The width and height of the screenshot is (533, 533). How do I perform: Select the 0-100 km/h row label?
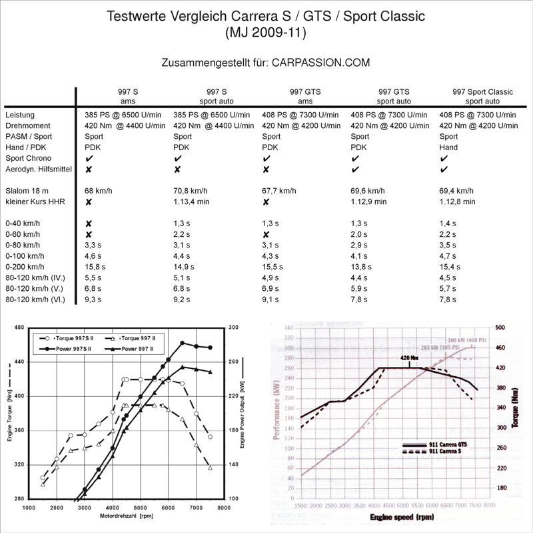click(25, 255)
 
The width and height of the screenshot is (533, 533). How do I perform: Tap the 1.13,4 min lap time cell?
click(191, 201)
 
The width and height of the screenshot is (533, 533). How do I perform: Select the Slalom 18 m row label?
click(27, 191)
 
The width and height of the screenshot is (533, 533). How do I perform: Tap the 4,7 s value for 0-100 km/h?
click(450, 255)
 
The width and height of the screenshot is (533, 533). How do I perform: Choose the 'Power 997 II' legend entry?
click(135, 348)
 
